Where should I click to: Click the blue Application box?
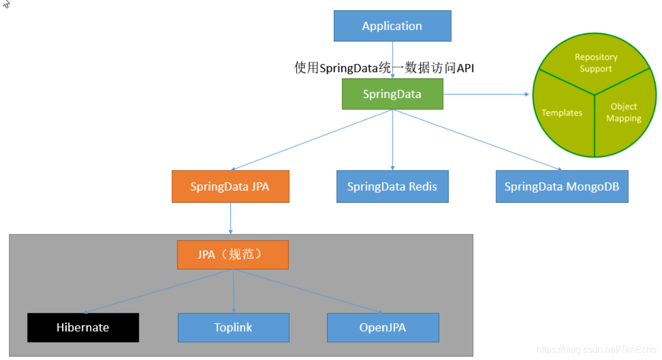point(392,26)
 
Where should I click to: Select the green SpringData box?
point(392,94)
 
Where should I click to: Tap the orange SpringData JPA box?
point(230,186)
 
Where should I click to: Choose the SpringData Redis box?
point(392,186)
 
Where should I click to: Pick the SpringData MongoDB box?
point(561,186)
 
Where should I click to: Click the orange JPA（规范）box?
point(233,254)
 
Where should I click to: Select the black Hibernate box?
point(83,327)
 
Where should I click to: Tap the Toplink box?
point(233,327)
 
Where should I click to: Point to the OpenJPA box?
point(383,327)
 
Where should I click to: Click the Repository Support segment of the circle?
point(595,63)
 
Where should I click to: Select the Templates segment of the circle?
point(562,115)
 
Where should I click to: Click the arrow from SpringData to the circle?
point(486,94)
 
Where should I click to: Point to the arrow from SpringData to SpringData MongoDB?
point(478,140)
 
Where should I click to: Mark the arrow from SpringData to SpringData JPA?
point(311,140)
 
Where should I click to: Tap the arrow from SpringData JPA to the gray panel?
point(230,218)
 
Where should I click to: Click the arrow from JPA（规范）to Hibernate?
point(158,291)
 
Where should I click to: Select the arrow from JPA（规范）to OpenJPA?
point(308,291)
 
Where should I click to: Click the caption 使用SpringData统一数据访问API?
point(384,68)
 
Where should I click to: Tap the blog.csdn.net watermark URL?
point(596,350)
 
